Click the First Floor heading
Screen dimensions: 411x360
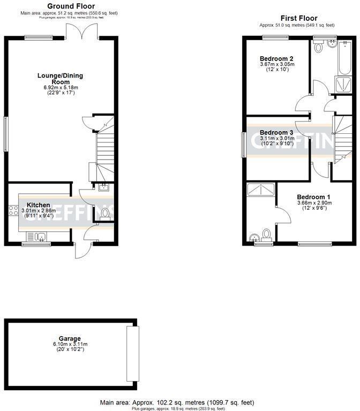pyautogui.click(x=296, y=18)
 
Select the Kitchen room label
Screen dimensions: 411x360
pyautogui.click(x=39, y=205)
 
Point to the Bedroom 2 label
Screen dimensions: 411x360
pyautogui.click(x=276, y=58)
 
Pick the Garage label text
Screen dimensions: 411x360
pyautogui.click(x=70, y=338)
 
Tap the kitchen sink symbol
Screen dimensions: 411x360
pyautogui.click(x=37, y=235)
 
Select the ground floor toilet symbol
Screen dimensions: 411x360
pyautogui.click(x=105, y=214)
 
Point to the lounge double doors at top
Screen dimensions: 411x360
pyautogui.click(x=82, y=33)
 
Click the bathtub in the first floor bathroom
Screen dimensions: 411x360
pyautogui.click(x=341, y=62)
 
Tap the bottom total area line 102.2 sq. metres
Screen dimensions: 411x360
pyautogui.click(x=177, y=402)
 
